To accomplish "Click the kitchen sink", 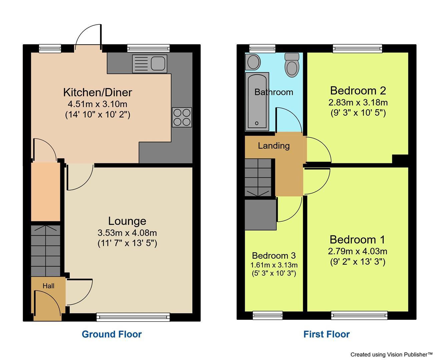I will pyautogui.click(x=149, y=63).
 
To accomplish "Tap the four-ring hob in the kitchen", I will pyautogui.click(x=182, y=117).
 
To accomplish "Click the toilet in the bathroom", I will pyautogui.click(x=292, y=65).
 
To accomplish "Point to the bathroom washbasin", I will pyautogui.click(x=253, y=62).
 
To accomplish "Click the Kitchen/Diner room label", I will pyautogui.click(x=97, y=92).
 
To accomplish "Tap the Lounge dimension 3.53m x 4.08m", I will pyautogui.click(x=127, y=232).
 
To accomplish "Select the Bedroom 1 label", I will pyautogui.click(x=357, y=239).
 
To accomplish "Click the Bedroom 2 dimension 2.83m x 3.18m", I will pyautogui.click(x=358, y=102).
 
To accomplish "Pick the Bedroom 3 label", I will pyautogui.click(x=274, y=256).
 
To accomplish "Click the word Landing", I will pyautogui.click(x=274, y=146).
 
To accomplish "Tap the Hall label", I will pyautogui.click(x=48, y=286).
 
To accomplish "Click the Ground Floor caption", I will pyautogui.click(x=111, y=334).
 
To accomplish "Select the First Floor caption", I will pyautogui.click(x=326, y=334).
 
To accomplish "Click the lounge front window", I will pyautogui.click(x=133, y=316).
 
